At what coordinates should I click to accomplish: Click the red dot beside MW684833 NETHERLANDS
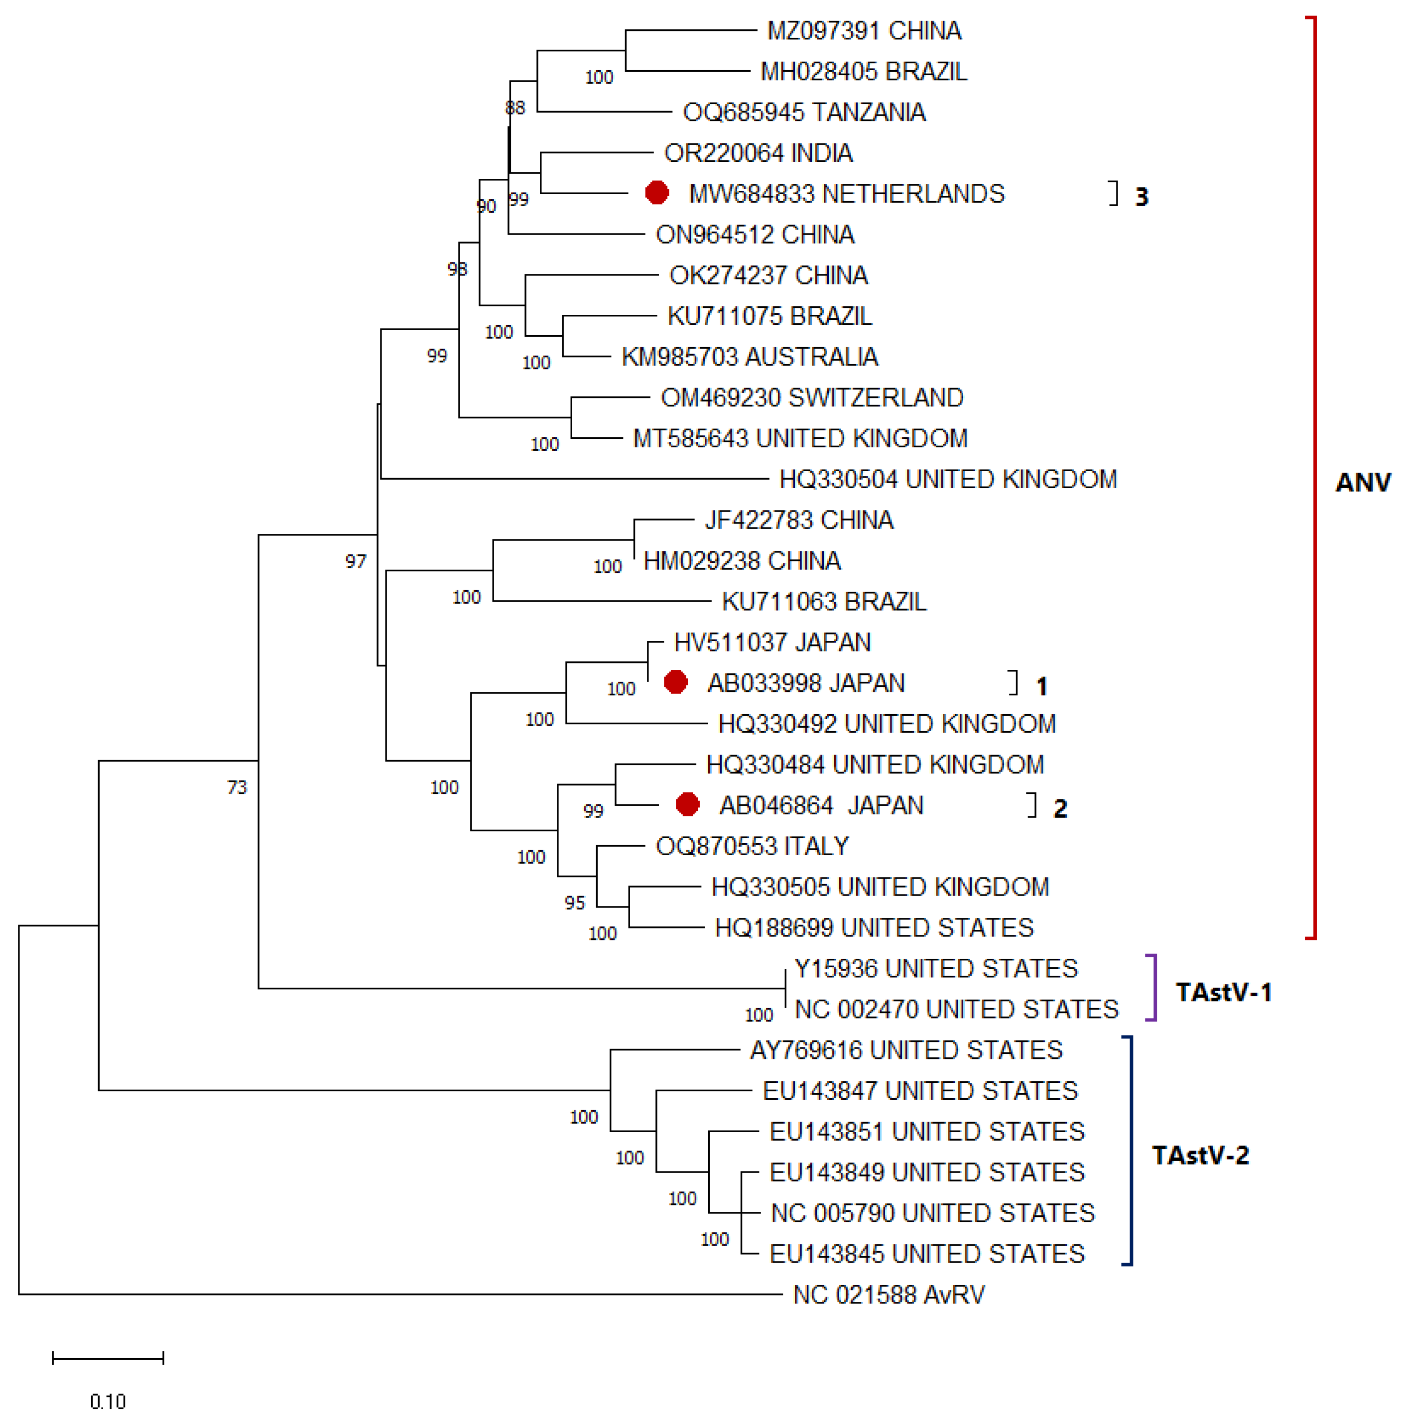click(x=656, y=193)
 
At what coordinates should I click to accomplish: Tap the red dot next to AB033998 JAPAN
click(x=674, y=682)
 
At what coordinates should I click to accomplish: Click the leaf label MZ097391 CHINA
click(x=864, y=31)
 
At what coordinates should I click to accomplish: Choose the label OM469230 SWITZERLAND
click(x=811, y=397)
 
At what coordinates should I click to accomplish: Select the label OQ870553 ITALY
click(x=751, y=846)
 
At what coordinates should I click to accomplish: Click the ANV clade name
click(x=1362, y=482)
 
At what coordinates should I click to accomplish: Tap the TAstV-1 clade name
click(x=1223, y=992)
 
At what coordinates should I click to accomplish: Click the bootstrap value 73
click(x=237, y=787)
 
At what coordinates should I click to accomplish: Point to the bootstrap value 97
click(x=356, y=561)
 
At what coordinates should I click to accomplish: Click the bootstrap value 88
click(x=514, y=108)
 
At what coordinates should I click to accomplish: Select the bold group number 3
click(x=1141, y=197)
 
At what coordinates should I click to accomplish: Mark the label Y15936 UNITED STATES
click(x=935, y=969)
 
